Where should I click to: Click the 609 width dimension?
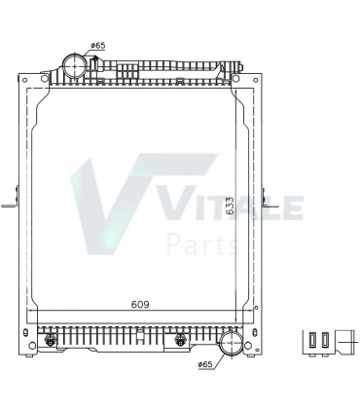pos(140,303)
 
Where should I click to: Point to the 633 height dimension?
pos(230,206)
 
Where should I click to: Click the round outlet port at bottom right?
pos(231,345)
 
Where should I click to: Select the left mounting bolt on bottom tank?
pos(51,339)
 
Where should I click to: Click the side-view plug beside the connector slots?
pos(343,342)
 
